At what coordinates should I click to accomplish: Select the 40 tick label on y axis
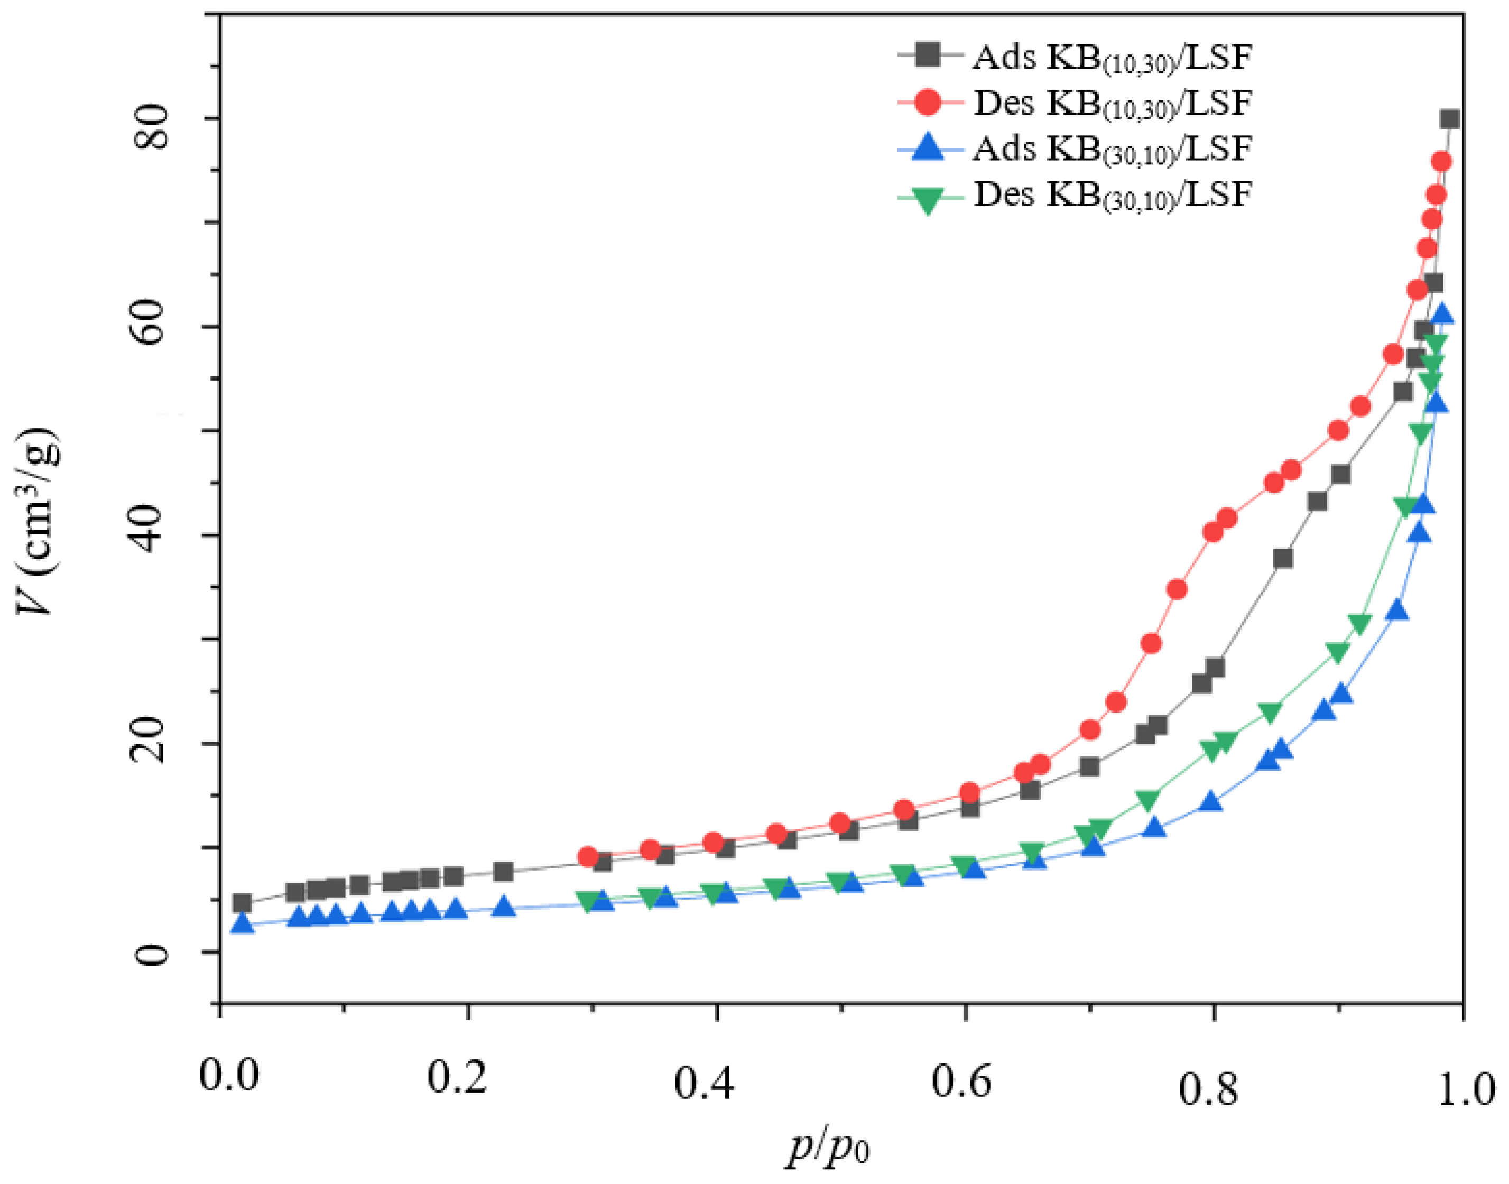152,534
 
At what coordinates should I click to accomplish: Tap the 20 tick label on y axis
152,744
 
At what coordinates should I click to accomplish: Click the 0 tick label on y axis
152,954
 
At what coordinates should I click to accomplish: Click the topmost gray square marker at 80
1449,119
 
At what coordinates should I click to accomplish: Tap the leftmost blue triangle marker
242,923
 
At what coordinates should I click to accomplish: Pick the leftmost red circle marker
588,857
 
